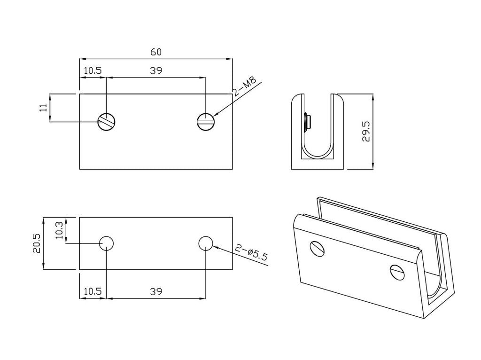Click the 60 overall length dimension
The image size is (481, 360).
point(156,52)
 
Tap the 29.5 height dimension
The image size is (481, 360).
point(366,132)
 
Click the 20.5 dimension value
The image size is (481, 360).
point(36,243)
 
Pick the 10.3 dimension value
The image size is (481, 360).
point(59,230)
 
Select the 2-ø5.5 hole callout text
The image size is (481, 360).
point(252,253)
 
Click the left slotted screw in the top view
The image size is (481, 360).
point(107,122)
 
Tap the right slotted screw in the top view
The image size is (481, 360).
point(206,122)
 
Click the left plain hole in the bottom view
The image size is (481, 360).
point(107,243)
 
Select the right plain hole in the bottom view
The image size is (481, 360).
point(206,243)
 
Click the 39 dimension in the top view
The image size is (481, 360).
point(156,71)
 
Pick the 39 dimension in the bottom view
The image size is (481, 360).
point(156,292)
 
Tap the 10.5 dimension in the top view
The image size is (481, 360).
point(93,71)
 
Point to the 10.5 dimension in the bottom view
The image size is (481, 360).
point(93,292)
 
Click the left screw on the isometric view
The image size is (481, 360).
point(318,249)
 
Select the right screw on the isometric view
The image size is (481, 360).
point(397,271)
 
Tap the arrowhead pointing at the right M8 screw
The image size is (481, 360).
point(216,115)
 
